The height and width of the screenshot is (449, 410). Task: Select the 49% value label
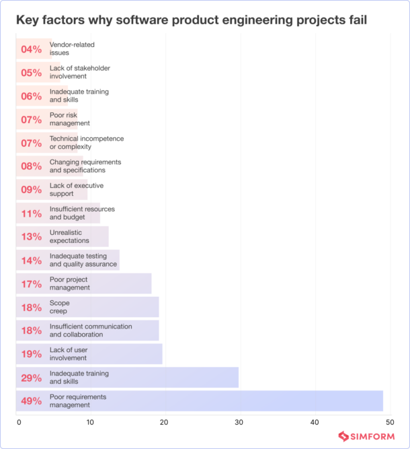[x=31, y=402]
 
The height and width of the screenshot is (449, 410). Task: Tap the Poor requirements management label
[x=78, y=401]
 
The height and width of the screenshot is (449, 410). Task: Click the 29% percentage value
[x=31, y=378]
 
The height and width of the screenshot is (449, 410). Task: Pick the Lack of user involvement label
[x=69, y=354]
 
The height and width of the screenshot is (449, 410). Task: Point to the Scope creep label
[x=60, y=308]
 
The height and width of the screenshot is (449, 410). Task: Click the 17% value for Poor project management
[x=31, y=284]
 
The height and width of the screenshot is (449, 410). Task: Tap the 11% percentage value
[x=31, y=214]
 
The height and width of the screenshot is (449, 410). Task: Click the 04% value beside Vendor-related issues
[x=31, y=49]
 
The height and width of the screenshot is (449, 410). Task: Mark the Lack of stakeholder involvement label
[x=80, y=72]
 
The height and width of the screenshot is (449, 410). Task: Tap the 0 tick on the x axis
[x=19, y=422]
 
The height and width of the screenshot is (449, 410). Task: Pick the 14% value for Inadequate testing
[x=31, y=261]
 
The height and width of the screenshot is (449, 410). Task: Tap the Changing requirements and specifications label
[x=85, y=166]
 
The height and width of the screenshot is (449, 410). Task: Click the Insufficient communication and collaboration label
[x=91, y=331]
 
